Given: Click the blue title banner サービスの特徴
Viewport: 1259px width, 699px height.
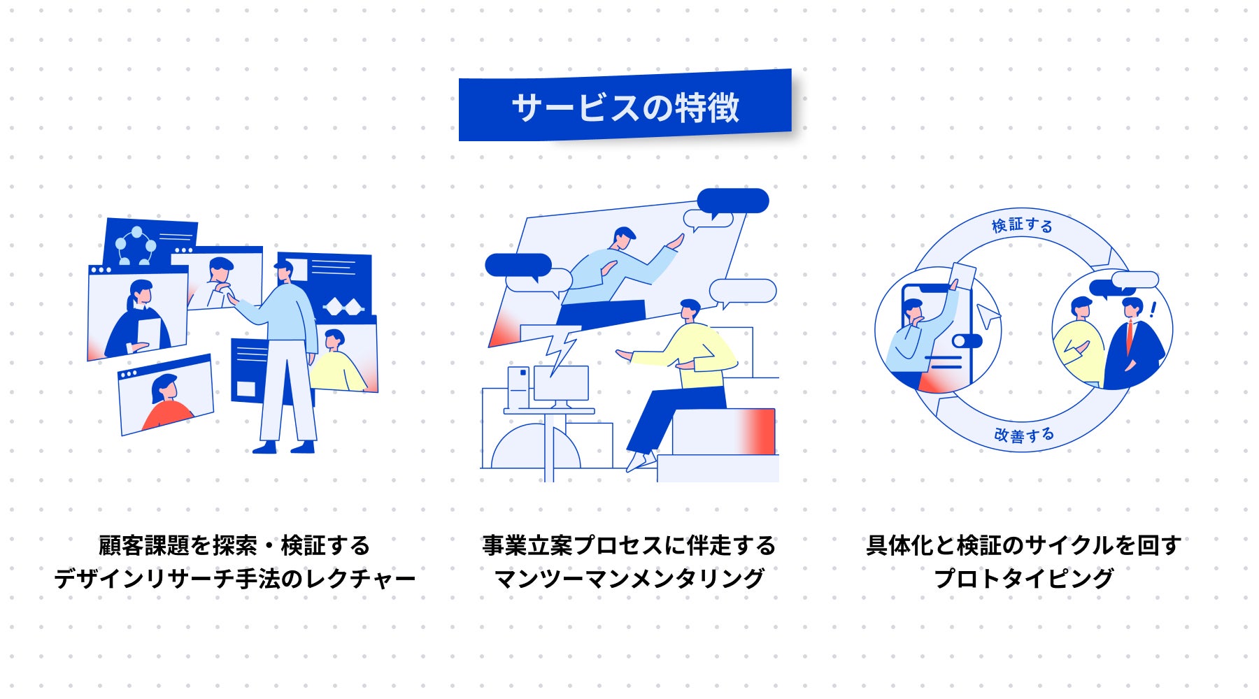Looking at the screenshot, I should [625, 107].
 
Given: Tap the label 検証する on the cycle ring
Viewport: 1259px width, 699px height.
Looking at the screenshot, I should [1022, 225].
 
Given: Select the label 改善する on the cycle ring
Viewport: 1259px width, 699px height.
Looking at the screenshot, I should [1024, 435].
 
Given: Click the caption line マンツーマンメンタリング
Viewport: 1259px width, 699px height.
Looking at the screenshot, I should [629, 579].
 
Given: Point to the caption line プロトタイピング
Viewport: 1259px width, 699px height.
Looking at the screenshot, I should [1023, 579].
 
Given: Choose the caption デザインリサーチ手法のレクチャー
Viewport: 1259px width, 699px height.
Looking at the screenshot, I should [235, 579].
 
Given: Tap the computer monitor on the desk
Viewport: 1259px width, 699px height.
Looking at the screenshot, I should [561, 384].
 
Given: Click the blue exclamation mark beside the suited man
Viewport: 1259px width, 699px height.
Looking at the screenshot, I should [1153, 310].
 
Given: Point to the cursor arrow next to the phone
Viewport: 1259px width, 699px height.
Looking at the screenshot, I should [988, 315].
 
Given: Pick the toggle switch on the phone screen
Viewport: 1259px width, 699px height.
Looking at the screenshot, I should [967, 341].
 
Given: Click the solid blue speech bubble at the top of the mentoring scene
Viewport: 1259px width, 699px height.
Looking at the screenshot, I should [733, 201].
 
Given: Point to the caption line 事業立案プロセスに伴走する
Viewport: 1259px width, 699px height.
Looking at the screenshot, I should [629, 545].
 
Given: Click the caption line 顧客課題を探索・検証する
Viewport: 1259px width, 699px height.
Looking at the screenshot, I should [235, 545].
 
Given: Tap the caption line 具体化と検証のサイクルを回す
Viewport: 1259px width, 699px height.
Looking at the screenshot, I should [1023, 545].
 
